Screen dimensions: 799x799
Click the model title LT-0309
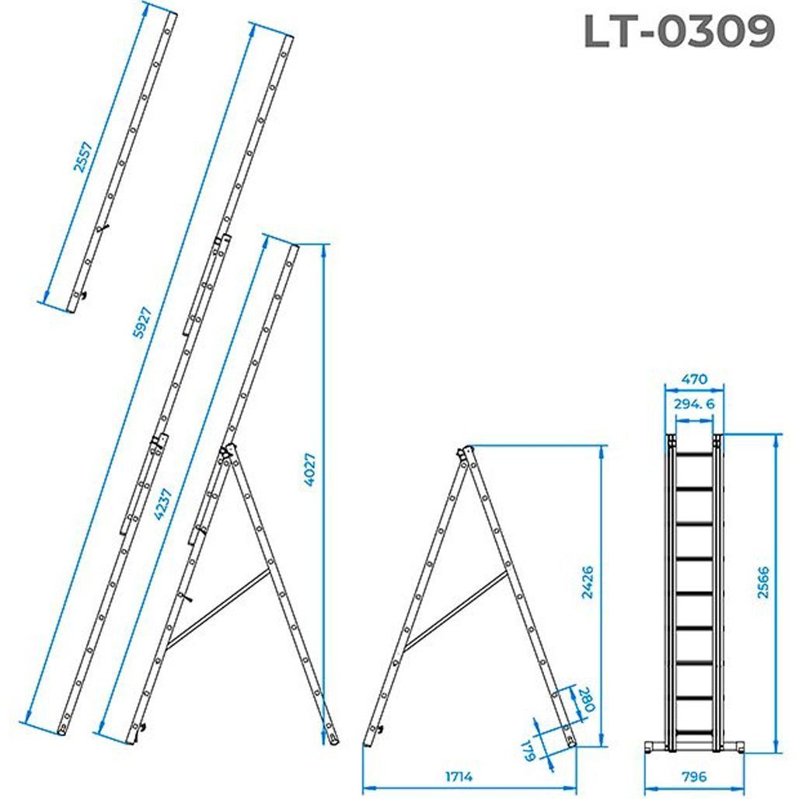click(679, 32)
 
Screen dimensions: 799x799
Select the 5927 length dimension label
click(142, 323)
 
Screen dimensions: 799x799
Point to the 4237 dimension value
click(163, 504)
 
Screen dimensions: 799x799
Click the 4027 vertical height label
click(309, 469)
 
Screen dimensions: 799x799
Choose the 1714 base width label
click(459, 776)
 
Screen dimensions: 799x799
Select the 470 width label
click(694, 379)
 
